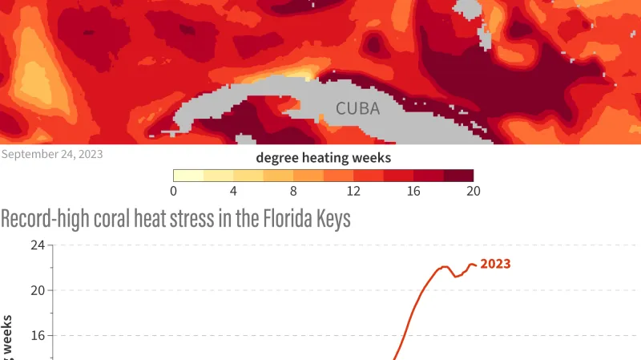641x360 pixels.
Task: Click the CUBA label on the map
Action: (358, 108)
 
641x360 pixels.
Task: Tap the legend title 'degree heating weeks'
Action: (323, 157)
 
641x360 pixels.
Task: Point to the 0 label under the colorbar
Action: (174, 191)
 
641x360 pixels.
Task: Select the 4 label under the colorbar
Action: (233, 191)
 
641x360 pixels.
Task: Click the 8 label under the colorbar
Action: (293, 191)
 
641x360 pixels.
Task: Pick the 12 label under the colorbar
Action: (353, 191)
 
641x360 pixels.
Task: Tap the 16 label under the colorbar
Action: (413, 191)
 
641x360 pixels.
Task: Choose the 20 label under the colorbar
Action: (473, 191)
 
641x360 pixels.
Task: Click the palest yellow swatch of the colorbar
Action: (188, 176)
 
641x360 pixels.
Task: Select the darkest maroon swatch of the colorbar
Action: (458, 176)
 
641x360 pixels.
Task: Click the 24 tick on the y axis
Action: (36, 245)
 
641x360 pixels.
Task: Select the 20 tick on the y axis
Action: (36, 290)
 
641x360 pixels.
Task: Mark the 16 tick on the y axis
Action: (36, 335)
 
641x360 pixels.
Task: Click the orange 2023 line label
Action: (495, 264)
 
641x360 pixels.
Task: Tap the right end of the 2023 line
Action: (477, 265)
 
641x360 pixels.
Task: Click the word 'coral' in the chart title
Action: (122, 219)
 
